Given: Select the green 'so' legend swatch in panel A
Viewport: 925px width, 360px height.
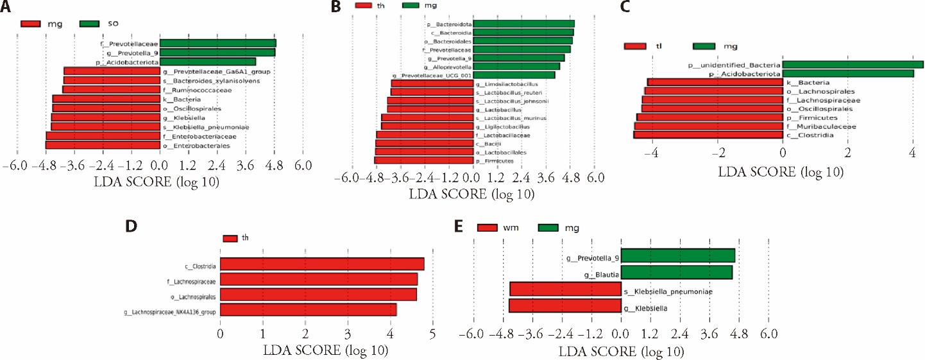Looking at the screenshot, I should click(90, 24).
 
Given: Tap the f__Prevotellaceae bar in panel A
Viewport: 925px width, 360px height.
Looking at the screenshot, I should click(218, 44).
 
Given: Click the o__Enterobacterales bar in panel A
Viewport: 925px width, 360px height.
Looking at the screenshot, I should click(103, 146).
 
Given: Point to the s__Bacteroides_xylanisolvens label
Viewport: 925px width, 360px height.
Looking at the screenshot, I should click(206, 81).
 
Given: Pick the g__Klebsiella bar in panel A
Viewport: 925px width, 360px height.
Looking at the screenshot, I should click(106, 117).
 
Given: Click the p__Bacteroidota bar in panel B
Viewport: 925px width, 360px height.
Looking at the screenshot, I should click(523, 24).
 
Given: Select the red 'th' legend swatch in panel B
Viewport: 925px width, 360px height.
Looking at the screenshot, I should click(368, 6).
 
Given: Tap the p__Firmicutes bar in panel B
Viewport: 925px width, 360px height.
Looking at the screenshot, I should click(423, 160).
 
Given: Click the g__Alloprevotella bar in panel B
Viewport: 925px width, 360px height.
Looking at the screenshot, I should click(516, 66).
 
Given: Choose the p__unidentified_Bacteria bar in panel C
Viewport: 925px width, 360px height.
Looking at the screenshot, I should click(853, 65).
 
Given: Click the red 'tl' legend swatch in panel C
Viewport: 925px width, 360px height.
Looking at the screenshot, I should click(634, 46).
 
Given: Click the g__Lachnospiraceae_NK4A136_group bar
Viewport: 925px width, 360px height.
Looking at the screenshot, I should click(308, 311).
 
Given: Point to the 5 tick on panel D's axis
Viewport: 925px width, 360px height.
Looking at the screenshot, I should click(432, 334).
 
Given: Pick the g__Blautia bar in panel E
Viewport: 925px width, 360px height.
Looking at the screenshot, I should click(677, 273).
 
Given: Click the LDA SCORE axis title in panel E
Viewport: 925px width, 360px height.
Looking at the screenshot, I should click(621, 352).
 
